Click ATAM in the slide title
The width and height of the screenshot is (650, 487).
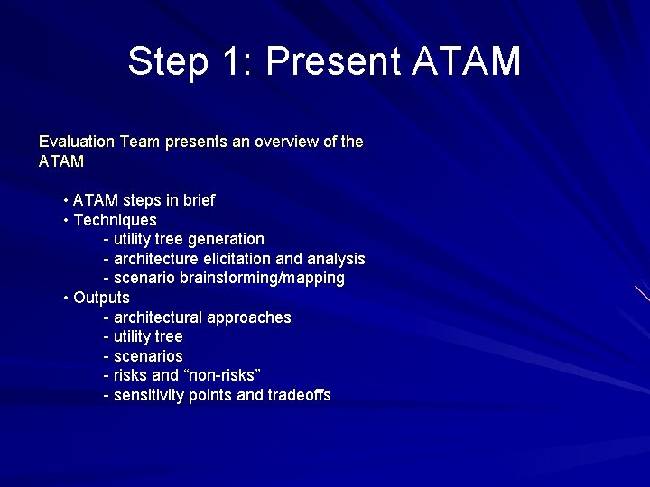[x=467, y=62]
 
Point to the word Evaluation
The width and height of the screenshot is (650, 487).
[x=77, y=142]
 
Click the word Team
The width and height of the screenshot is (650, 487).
[x=139, y=142]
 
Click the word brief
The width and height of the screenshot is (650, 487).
[x=198, y=200]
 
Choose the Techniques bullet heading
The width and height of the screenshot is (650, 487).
[x=115, y=220]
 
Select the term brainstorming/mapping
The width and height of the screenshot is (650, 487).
[x=262, y=279]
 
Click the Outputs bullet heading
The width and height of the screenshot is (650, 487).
[x=101, y=298]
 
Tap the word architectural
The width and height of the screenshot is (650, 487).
[x=158, y=317]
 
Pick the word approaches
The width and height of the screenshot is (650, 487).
[x=249, y=318]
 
